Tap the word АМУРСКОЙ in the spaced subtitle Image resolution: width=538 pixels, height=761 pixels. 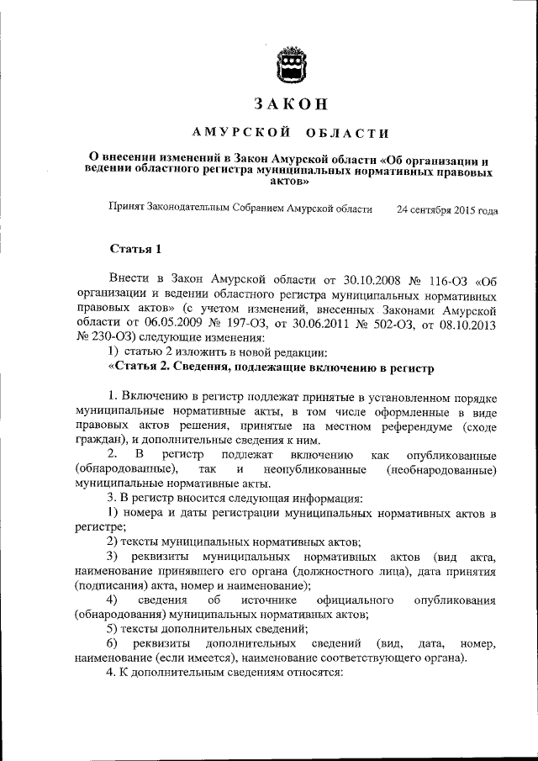coord(242,133)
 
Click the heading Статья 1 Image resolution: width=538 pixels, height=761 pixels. coord(132,250)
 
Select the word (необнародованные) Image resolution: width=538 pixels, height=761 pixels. coord(440,469)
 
